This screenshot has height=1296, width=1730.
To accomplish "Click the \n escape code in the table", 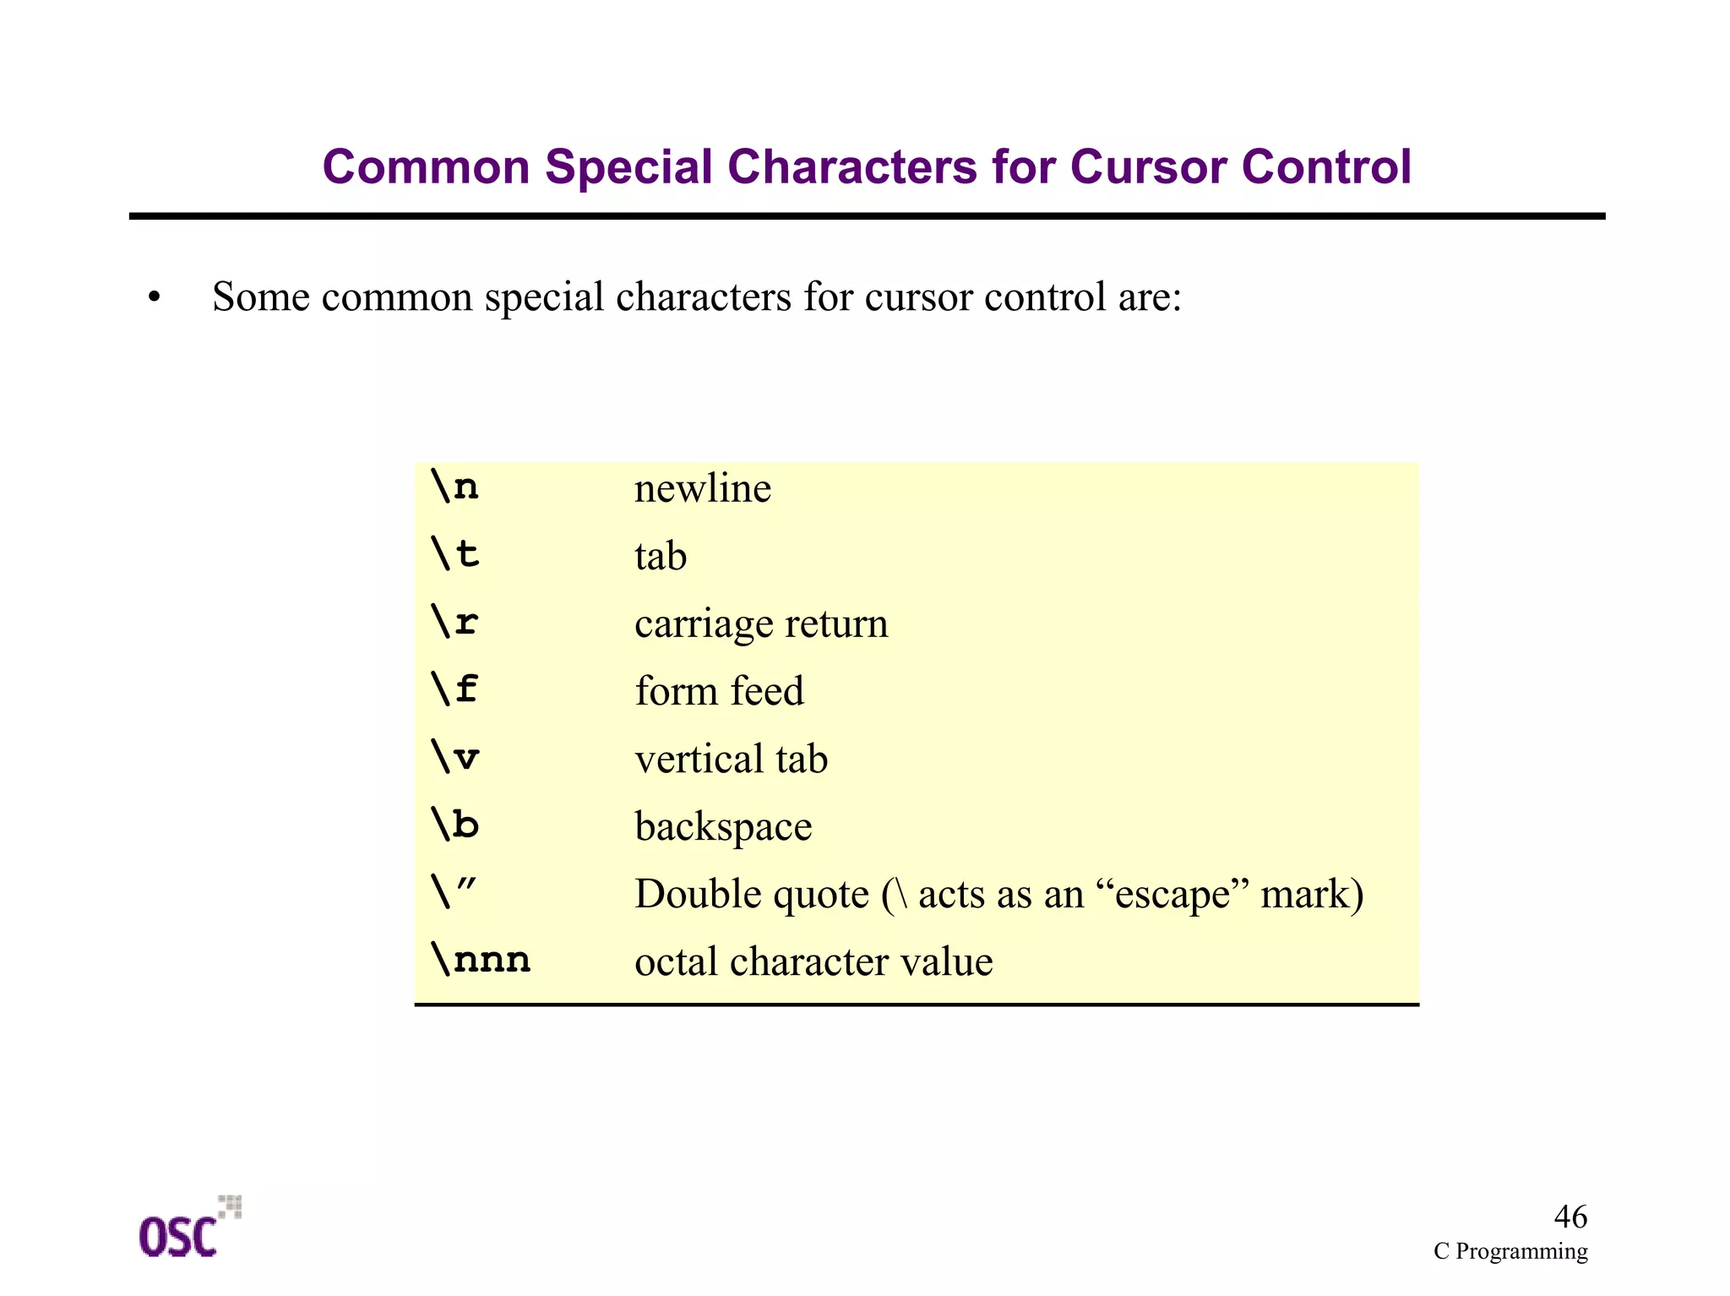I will (x=454, y=487).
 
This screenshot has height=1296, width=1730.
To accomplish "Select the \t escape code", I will (x=454, y=555).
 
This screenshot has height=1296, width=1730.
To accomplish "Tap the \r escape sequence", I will (x=454, y=623).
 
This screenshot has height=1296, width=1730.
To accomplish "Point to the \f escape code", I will (x=454, y=689).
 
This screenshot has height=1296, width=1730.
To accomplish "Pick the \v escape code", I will (x=454, y=757).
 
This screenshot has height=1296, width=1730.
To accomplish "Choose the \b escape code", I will (x=454, y=825).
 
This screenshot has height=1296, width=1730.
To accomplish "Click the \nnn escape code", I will (x=480, y=960).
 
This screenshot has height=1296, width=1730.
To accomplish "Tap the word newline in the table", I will (x=703, y=489).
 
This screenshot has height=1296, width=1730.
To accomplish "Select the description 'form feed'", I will (x=719, y=691).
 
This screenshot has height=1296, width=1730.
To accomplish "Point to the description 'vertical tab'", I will (x=731, y=759).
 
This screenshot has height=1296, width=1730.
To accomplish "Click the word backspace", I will (x=723, y=826).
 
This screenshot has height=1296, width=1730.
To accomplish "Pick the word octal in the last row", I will (x=676, y=961).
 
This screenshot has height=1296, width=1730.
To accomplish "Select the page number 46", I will (x=1570, y=1217).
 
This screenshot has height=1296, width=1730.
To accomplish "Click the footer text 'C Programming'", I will (x=1510, y=1251).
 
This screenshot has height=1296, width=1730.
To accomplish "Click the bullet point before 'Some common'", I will (x=154, y=298).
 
